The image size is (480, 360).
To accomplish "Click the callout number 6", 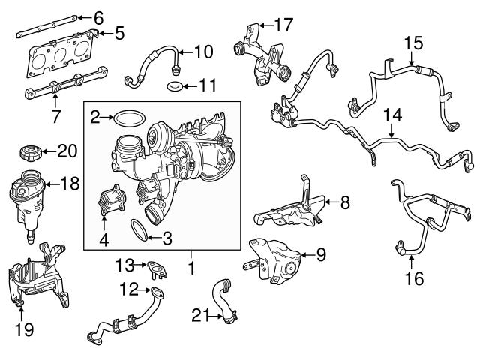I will [x=98, y=16].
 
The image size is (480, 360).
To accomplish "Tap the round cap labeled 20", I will [x=28, y=153].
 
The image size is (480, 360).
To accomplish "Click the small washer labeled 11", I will [x=173, y=88].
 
